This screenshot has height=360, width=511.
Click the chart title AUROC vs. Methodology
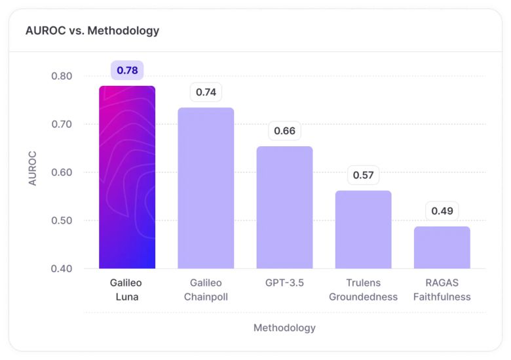click(x=92, y=30)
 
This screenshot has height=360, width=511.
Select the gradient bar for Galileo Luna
click(x=127, y=177)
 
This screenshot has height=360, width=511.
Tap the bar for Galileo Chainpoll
click(x=206, y=188)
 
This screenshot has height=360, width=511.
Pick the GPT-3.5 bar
click(x=284, y=207)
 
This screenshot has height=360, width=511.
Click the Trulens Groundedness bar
click(x=363, y=230)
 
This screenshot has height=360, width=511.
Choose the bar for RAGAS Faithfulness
click(x=442, y=248)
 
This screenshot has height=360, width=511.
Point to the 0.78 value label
click(x=127, y=70)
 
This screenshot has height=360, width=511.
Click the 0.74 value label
click(x=206, y=92)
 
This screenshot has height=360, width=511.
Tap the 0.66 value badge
click(x=284, y=130)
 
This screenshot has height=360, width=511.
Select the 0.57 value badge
click(x=363, y=175)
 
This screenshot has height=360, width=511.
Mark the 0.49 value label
click(x=442, y=211)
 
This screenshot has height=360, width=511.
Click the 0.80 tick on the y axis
click(x=62, y=76)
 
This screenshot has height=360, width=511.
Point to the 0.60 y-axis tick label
click(x=62, y=172)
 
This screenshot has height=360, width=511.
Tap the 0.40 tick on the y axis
click(x=62, y=269)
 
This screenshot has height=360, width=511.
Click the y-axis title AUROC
click(x=33, y=169)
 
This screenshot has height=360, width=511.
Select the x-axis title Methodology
click(x=284, y=327)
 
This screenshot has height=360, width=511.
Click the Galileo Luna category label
click(x=126, y=289)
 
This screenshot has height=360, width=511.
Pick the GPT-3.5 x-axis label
click(x=284, y=283)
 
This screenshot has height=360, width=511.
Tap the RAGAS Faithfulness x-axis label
click(x=442, y=289)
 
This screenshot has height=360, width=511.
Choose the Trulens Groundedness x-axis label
click(x=363, y=289)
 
